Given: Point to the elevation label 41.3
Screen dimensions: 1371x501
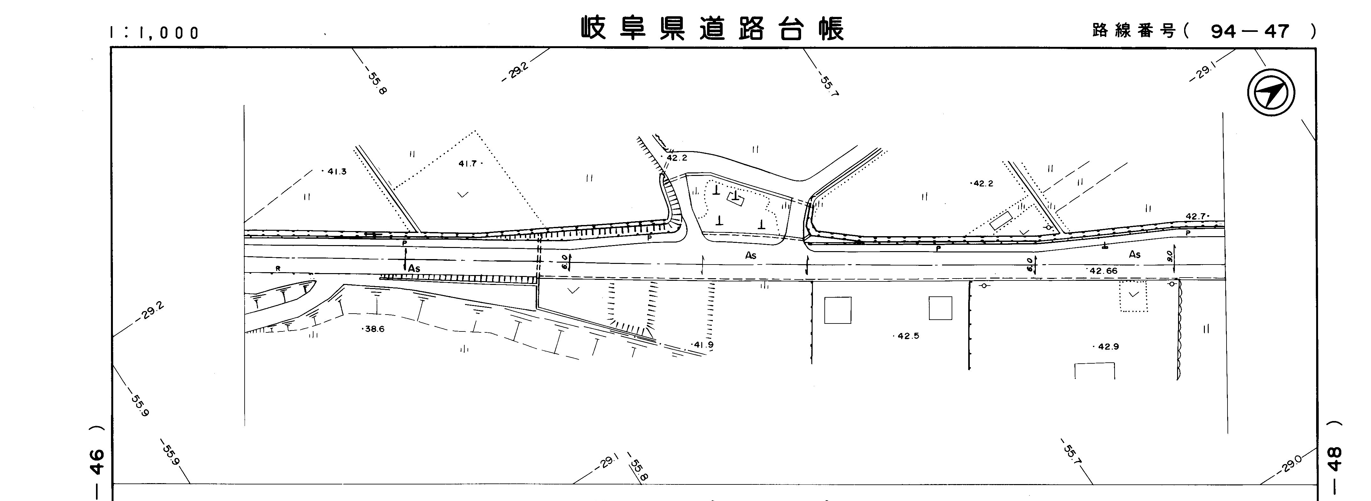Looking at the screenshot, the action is click(335, 172).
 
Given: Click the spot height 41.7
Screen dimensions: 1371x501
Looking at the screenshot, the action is click(470, 164).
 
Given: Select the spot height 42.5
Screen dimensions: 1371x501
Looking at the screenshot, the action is click(907, 336).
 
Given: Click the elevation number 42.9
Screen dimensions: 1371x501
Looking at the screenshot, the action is click(1107, 347).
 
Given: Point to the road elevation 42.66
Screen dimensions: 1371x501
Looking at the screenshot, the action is click(1102, 271).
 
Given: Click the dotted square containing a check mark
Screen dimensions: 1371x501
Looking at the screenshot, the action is click(1134, 296).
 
